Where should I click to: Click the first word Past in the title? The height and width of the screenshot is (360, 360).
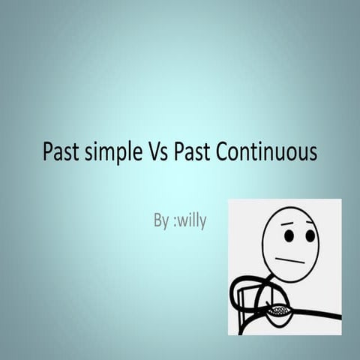[58, 152]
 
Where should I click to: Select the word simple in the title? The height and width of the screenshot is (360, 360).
[111, 153]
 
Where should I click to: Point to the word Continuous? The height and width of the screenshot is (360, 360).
[267, 152]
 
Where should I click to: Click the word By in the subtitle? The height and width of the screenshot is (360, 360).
[161, 222]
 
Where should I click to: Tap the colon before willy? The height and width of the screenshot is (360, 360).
[175, 223]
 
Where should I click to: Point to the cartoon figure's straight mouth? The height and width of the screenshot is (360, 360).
[289, 260]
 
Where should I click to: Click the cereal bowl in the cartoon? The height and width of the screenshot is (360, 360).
[279, 311]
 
